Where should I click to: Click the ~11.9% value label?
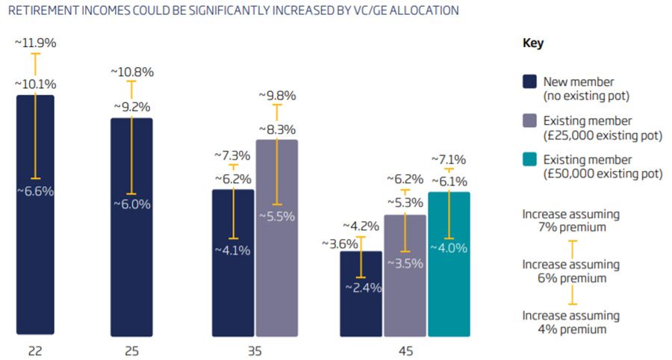coord(36,43)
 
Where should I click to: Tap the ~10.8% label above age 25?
coord(132,72)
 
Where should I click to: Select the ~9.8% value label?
coord(277,96)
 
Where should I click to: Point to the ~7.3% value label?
coord(234,155)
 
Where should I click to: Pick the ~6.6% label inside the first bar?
coord(35,191)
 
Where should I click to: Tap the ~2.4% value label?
coord(361,287)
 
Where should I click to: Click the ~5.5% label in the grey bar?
coord(277,216)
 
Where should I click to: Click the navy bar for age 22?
coord(35,261)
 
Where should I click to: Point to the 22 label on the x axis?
coord(35,350)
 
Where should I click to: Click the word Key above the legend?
coord(532,43)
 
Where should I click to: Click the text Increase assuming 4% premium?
coord(571,322)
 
